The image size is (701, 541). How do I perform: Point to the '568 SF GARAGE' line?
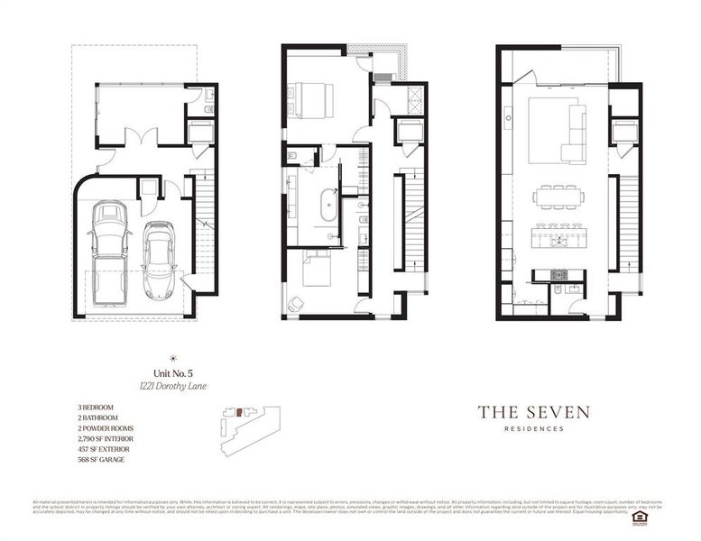pyautogui.click(x=101, y=460)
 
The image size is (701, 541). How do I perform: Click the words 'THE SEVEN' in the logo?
pyautogui.click(x=534, y=412)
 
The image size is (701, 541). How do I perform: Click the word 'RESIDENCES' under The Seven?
pyautogui.click(x=534, y=429)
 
